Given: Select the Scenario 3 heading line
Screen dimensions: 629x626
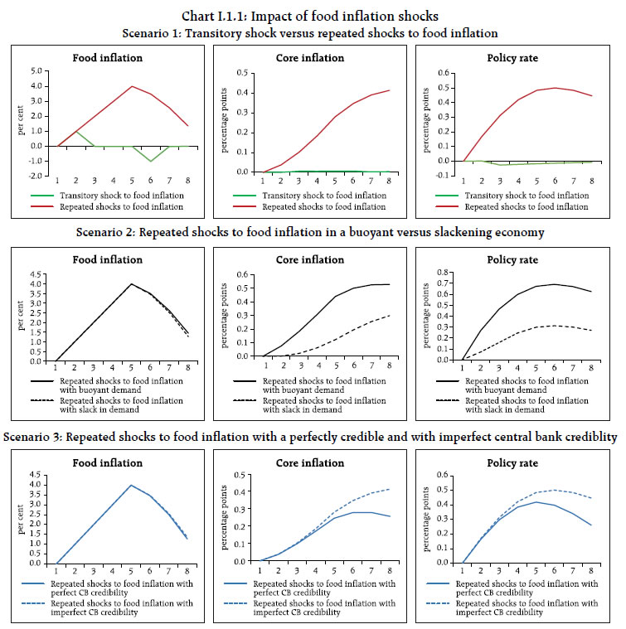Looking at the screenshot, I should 313,437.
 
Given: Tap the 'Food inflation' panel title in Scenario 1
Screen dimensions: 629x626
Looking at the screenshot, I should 104,58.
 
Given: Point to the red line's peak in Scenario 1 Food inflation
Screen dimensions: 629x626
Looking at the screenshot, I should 131,86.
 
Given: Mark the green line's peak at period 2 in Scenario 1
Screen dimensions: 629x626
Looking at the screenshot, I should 76,131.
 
